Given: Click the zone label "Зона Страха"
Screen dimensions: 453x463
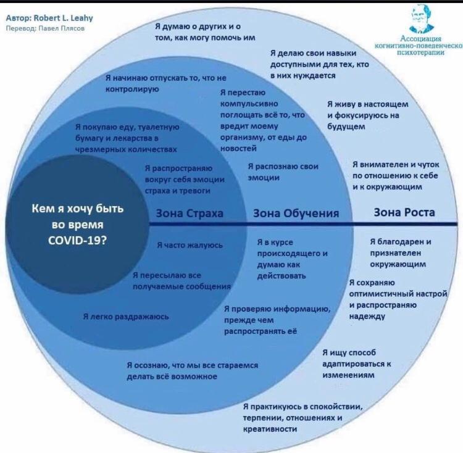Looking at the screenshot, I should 190,214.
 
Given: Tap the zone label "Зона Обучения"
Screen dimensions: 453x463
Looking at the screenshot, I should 296,214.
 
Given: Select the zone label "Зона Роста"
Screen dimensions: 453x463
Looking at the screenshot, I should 404,212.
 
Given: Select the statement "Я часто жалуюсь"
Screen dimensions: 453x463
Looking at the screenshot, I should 190,245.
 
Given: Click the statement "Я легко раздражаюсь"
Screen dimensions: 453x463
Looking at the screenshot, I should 126,317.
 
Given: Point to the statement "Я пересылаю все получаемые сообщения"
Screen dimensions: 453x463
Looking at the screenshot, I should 181,281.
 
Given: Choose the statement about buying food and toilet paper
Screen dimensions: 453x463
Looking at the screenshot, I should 127,138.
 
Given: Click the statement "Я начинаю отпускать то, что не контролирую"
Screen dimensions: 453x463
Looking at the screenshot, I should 166,84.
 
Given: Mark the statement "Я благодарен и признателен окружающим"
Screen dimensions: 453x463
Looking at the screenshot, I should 400,252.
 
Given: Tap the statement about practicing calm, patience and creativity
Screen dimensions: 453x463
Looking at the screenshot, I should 302,417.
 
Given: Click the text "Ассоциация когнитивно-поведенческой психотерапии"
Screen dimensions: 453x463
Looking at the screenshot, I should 422,46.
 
